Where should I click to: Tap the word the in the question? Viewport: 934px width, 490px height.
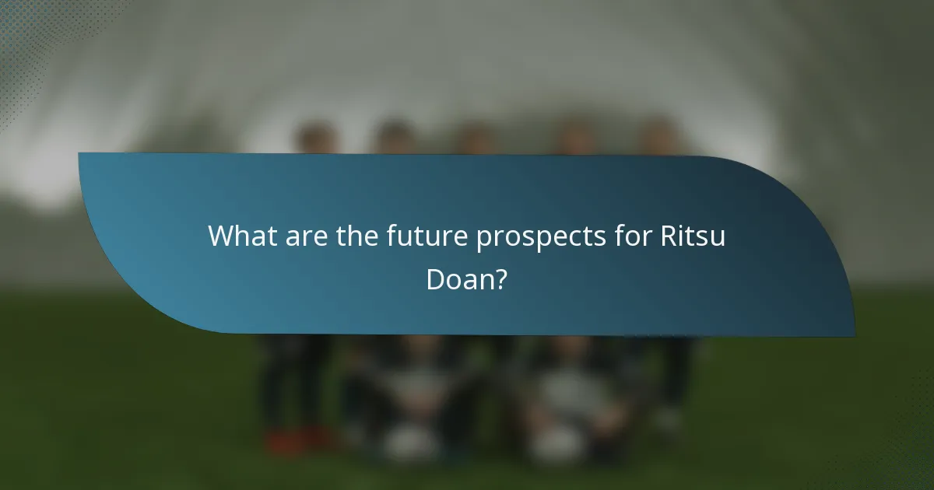click(x=356, y=236)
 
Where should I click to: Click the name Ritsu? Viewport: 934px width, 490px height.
click(x=692, y=236)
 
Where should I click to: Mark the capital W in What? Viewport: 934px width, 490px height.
click(x=221, y=236)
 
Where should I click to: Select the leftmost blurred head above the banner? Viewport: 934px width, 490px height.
click(x=316, y=138)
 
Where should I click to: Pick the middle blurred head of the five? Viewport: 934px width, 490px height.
click(x=473, y=138)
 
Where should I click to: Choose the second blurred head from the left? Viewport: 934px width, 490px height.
click(x=394, y=138)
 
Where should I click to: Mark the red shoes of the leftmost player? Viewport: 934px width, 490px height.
click(x=296, y=442)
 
